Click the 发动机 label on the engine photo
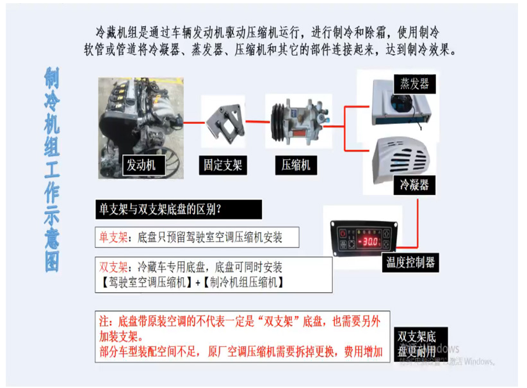click(x=143, y=165)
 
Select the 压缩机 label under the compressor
click(x=296, y=165)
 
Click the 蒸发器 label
click(x=414, y=83)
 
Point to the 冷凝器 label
click(x=414, y=185)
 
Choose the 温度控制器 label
click(x=411, y=261)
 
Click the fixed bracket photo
click(x=223, y=121)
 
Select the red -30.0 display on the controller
click(x=369, y=242)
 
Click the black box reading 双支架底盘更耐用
click(x=417, y=344)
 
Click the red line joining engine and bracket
click(x=193, y=121)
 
